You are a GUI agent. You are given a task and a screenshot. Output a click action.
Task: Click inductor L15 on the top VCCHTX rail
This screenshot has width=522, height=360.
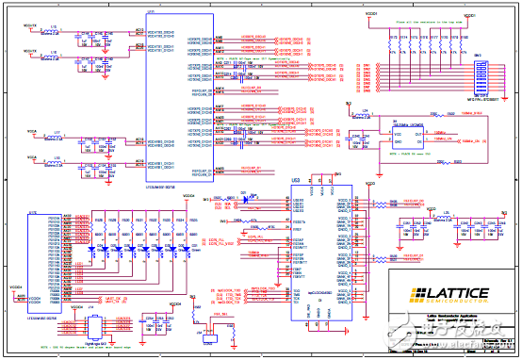[54, 31]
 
